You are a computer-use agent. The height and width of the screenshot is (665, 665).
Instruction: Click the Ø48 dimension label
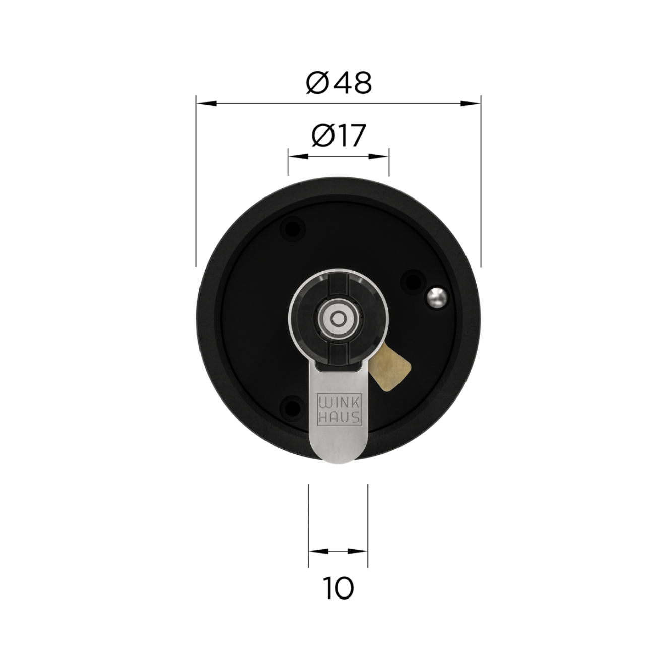pyautogui.click(x=339, y=83)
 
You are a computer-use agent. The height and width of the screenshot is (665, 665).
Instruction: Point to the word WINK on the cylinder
pyautogui.click(x=339, y=404)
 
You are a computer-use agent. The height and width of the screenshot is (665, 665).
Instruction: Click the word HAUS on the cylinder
pyautogui.click(x=339, y=418)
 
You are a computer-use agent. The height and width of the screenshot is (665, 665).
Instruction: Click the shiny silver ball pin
pyautogui.click(x=437, y=297)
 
